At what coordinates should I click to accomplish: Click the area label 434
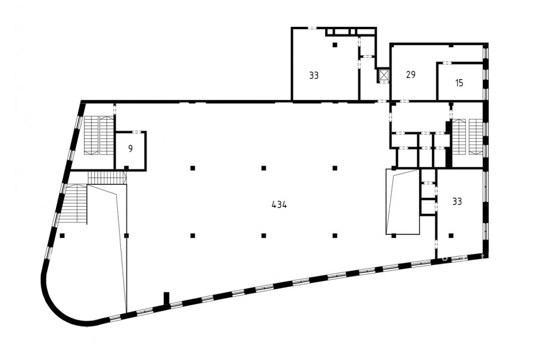(279, 204)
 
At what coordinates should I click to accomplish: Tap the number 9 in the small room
(130, 148)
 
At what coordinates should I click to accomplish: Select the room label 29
(410, 75)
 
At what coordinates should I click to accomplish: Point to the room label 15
(459, 83)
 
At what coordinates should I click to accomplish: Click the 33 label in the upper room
(314, 75)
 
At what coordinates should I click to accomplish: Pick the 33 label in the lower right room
(457, 201)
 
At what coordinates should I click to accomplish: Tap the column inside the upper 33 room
(335, 45)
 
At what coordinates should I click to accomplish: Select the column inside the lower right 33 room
(451, 235)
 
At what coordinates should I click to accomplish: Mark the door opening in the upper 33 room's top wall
(311, 28)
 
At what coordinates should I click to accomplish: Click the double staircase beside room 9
(99, 135)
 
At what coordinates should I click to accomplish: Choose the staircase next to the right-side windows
(468, 136)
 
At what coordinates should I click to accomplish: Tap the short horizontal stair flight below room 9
(107, 178)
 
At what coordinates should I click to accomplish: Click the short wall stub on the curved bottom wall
(167, 298)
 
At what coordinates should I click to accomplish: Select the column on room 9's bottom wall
(126, 167)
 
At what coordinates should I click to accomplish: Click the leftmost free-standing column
(62, 235)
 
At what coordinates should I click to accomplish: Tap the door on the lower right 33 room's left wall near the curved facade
(437, 244)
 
